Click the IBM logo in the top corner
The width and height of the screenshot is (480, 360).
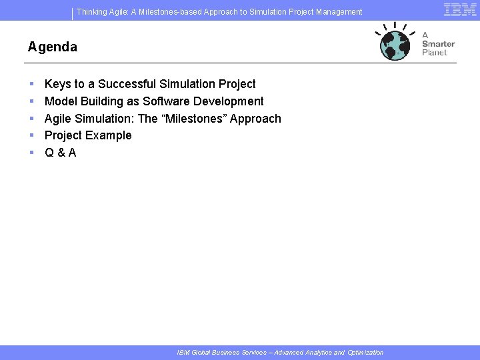point(459,9)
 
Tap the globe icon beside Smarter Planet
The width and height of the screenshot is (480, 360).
point(394,45)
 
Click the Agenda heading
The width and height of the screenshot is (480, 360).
point(52,47)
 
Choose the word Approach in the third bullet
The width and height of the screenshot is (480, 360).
point(255,119)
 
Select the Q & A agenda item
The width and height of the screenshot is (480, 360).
point(60,153)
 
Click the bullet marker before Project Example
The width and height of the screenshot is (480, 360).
point(31,135)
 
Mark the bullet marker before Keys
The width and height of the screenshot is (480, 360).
point(31,84)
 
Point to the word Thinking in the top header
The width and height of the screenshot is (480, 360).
point(93,12)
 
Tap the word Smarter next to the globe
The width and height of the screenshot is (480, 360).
point(438,44)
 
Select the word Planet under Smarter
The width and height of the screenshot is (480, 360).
point(434,53)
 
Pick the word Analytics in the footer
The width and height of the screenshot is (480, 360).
point(317,353)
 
